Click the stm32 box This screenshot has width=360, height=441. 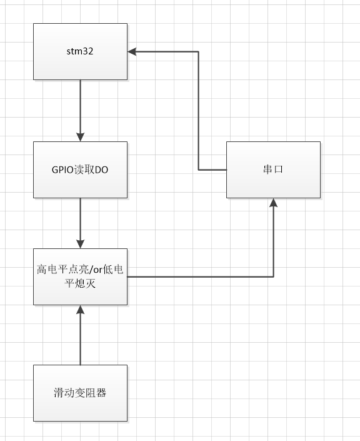(80, 51)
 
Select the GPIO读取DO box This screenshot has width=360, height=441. (80, 169)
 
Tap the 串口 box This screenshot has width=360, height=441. (273, 169)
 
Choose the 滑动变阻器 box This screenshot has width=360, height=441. (80, 393)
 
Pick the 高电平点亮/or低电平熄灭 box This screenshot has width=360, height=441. (80, 276)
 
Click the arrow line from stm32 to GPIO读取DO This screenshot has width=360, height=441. (80, 106)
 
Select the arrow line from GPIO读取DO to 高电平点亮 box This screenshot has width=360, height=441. (80, 219)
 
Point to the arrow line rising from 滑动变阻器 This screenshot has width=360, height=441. (80, 338)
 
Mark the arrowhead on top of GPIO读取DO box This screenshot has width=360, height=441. (80, 137)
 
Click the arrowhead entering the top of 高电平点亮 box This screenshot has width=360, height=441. (80, 243)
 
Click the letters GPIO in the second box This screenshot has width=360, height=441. (61, 169)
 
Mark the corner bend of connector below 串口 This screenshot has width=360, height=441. (273, 276)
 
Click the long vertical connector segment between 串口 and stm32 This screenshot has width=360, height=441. (199, 109)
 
